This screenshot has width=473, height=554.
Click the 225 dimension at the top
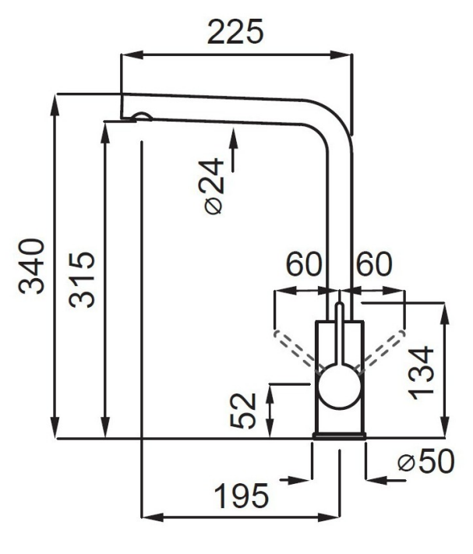pyautogui.click(x=235, y=32)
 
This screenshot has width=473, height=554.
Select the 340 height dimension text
pyautogui.click(x=32, y=266)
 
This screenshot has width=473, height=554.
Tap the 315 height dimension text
pyautogui.click(x=82, y=280)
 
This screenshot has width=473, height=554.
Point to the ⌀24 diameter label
pyautogui.click(x=214, y=186)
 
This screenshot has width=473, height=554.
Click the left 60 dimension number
pyautogui.click(x=304, y=264)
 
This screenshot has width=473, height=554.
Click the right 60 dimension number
pyautogui.click(x=374, y=264)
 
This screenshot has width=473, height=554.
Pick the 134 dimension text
pyautogui.click(x=421, y=372)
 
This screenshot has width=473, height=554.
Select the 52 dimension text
pyautogui.click(x=243, y=411)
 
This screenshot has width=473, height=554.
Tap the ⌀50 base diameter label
pyautogui.click(x=426, y=461)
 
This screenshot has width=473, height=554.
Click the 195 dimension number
pyautogui.click(x=242, y=496)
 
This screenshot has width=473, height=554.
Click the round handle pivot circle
pyautogui.click(x=339, y=386)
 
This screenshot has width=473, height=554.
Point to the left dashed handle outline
pyautogui.click(x=296, y=349)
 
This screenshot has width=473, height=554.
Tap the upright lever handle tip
pyautogui.click(x=339, y=305)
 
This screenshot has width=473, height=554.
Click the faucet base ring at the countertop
pyautogui.click(x=339, y=436)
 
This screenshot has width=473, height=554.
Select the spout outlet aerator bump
pyautogui.click(x=142, y=116)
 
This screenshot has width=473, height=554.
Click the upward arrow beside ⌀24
pyautogui.click(x=233, y=150)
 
